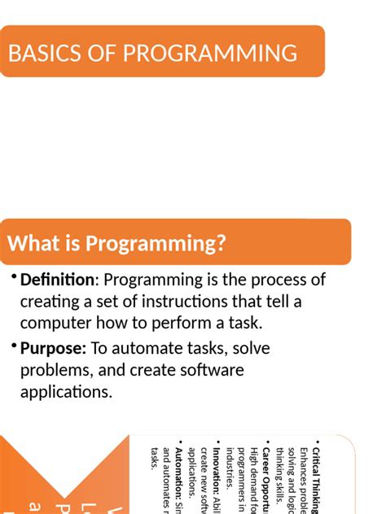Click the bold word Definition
57,280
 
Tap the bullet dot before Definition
14,278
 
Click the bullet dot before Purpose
14,346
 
